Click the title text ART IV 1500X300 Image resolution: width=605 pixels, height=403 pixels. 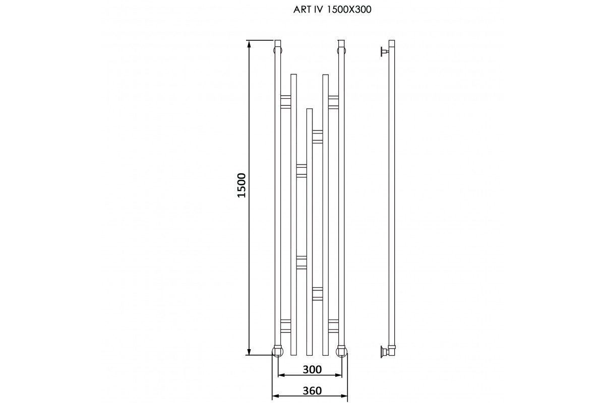(332, 10)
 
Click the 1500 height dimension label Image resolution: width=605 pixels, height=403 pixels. (241, 185)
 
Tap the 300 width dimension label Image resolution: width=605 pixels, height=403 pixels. (312, 370)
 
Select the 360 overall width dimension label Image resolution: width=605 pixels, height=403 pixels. (312, 390)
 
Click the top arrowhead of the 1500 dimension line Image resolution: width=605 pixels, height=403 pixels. (249, 44)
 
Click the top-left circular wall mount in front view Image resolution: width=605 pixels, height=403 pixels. (278, 50)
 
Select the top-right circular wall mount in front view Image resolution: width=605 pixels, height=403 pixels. (341, 50)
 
